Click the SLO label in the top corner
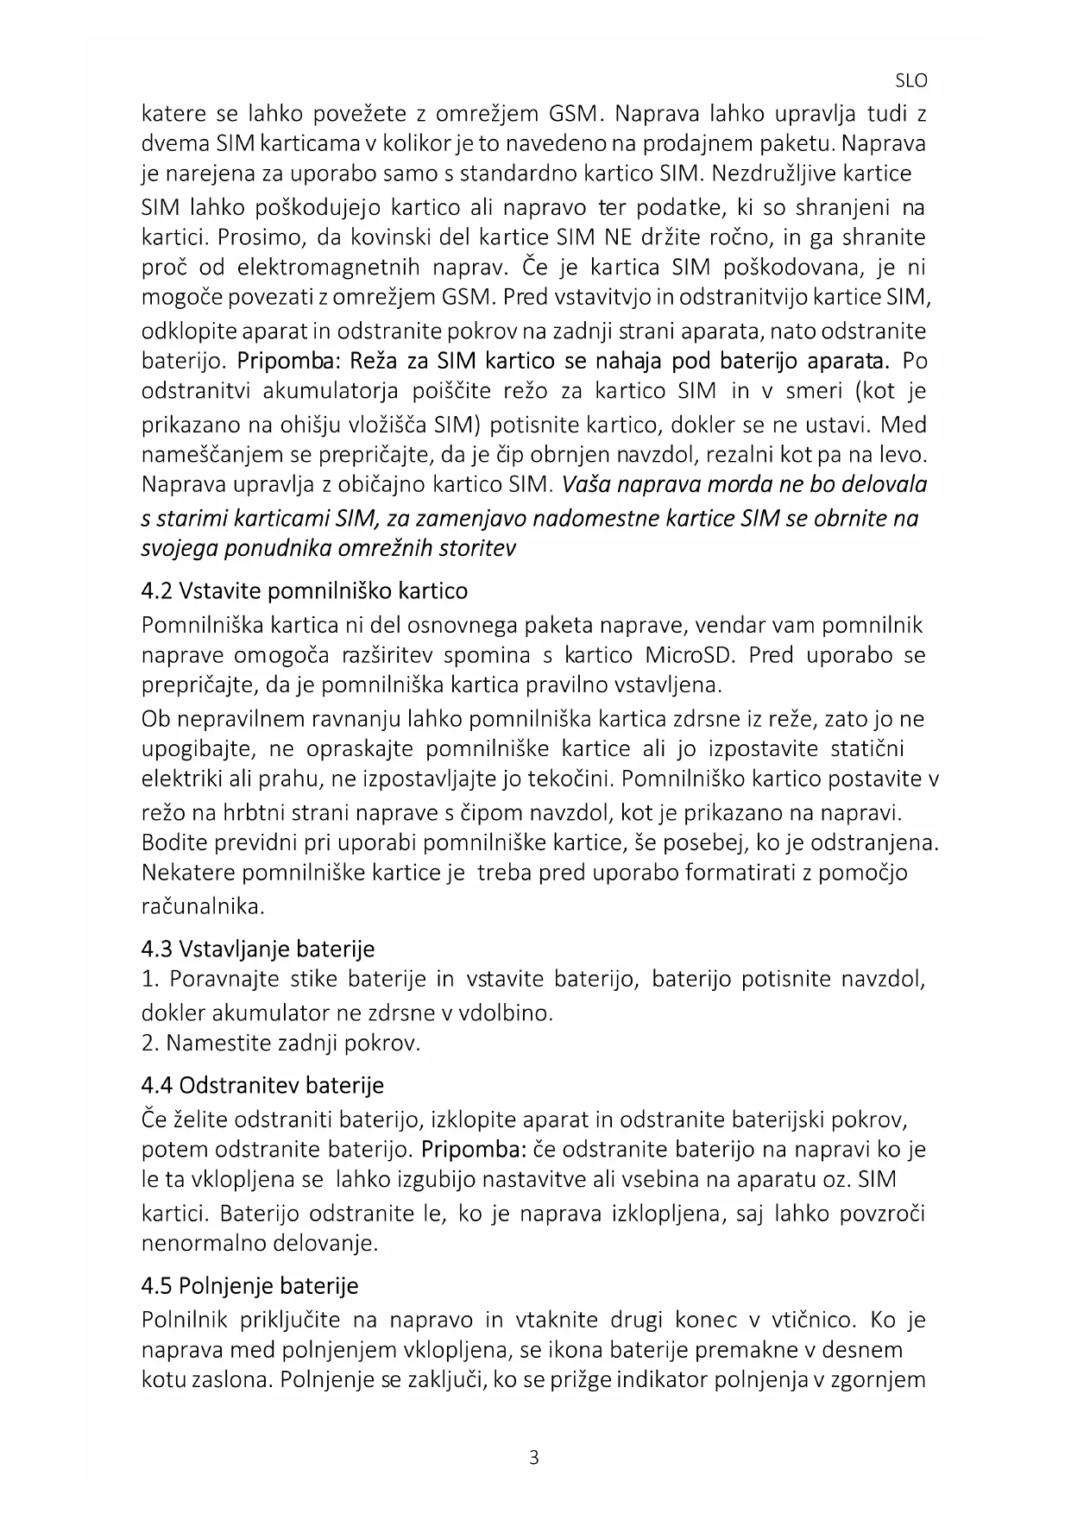pyautogui.click(x=911, y=82)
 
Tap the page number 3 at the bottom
pyautogui.click(x=534, y=1459)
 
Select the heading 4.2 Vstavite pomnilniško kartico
pyautogui.click(x=305, y=591)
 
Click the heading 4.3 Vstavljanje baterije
pyautogui.click(x=258, y=949)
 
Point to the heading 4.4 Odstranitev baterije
pyautogui.click(x=262, y=1085)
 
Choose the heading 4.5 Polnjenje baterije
pyautogui.click(x=250, y=1286)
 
